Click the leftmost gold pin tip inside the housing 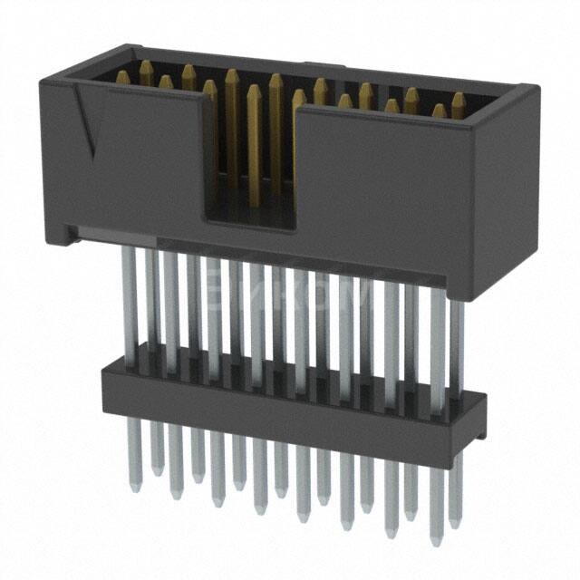click(x=122, y=77)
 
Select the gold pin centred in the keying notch click(x=254, y=136)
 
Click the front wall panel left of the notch click(x=145, y=163)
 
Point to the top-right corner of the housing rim click(x=530, y=89)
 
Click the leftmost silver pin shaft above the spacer click(x=130, y=299)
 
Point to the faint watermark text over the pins click(x=290, y=295)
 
